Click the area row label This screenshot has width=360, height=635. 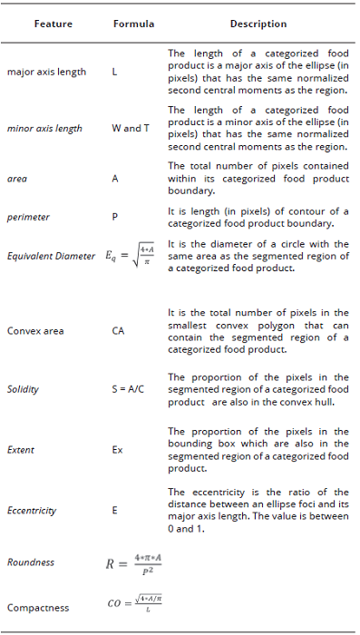pyautogui.click(x=16, y=179)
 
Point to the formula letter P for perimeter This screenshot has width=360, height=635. pyautogui.click(x=115, y=218)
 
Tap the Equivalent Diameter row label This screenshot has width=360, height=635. pyautogui.click(x=51, y=256)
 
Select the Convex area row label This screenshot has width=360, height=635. pyautogui.click(x=34, y=331)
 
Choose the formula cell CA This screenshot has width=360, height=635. pyautogui.click(x=118, y=331)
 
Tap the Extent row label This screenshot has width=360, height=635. pyautogui.click(x=21, y=449)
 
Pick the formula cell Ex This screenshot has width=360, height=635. pyautogui.click(x=117, y=449)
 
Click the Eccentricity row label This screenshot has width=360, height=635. pyautogui.click(x=31, y=510)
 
